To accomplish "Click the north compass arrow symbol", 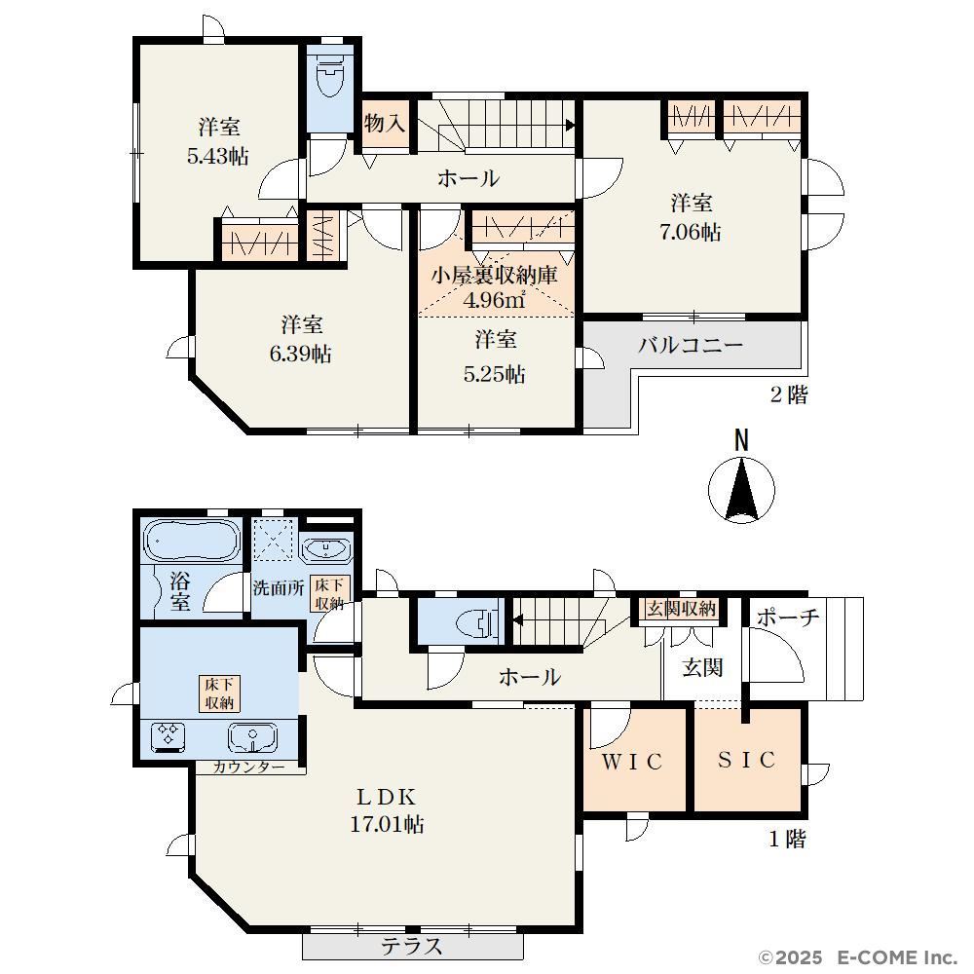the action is (x=741, y=489).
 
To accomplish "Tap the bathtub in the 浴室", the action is (x=191, y=541).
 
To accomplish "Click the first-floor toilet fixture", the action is (x=477, y=621).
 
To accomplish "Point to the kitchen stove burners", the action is (x=169, y=734).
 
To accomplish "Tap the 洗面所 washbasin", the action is (x=326, y=549).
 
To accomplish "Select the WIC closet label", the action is (x=632, y=761).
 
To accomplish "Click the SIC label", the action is (x=747, y=759).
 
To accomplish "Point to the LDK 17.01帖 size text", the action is (x=387, y=825).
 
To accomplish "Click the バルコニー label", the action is (x=691, y=345).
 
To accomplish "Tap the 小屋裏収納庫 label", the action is (x=495, y=276).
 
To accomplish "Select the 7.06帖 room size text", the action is (x=691, y=233).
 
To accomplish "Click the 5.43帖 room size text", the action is (x=218, y=155).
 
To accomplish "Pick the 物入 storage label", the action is (x=385, y=123).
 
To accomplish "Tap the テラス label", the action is (x=411, y=946).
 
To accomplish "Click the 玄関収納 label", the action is (x=681, y=609).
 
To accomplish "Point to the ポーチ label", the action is (x=787, y=617).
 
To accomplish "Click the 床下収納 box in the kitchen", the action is (x=219, y=693).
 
